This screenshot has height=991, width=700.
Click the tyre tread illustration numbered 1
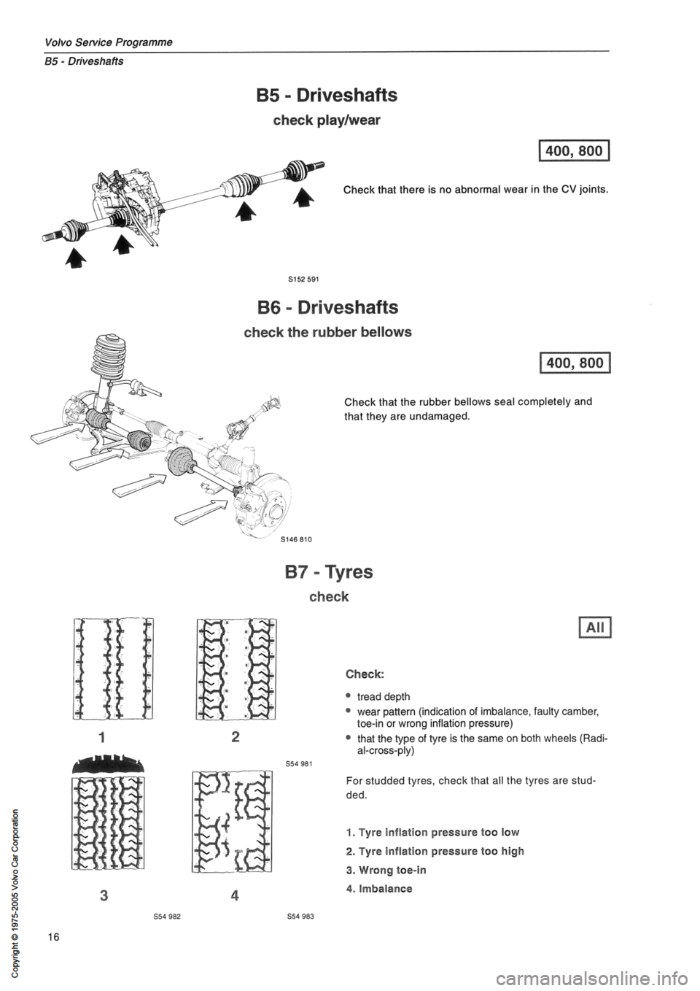tap(117, 668)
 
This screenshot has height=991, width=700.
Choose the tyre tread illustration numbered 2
tap(234, 668)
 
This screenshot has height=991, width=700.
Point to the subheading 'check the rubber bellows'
tap(327, 331)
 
